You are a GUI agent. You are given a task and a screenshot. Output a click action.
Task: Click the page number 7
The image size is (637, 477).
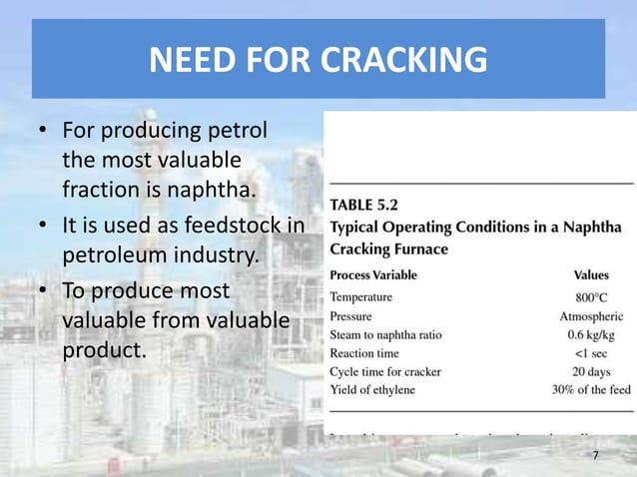(x=595, y=456)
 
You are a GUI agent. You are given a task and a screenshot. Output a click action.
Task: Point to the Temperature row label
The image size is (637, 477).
(x=361, y=296)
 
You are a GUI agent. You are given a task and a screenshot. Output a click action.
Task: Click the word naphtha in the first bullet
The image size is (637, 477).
(x=210, y=188)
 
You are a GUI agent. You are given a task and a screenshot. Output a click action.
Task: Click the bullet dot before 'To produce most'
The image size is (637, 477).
(x=43, y=293)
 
